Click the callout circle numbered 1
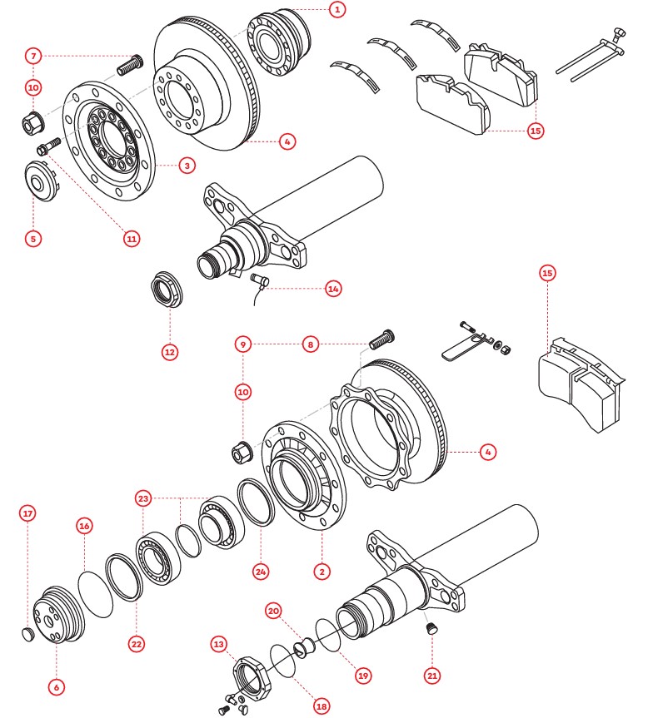coord(336,10)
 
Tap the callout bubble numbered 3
coord(187,166)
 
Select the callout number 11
coord(131,238)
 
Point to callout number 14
coord(333,289)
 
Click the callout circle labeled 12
coord(170,352)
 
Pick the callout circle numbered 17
coord(27,513)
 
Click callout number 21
coord(432,676)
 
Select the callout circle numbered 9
coord(243,343)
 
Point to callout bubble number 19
coord(362,676)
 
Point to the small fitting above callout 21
coord(431,630)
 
